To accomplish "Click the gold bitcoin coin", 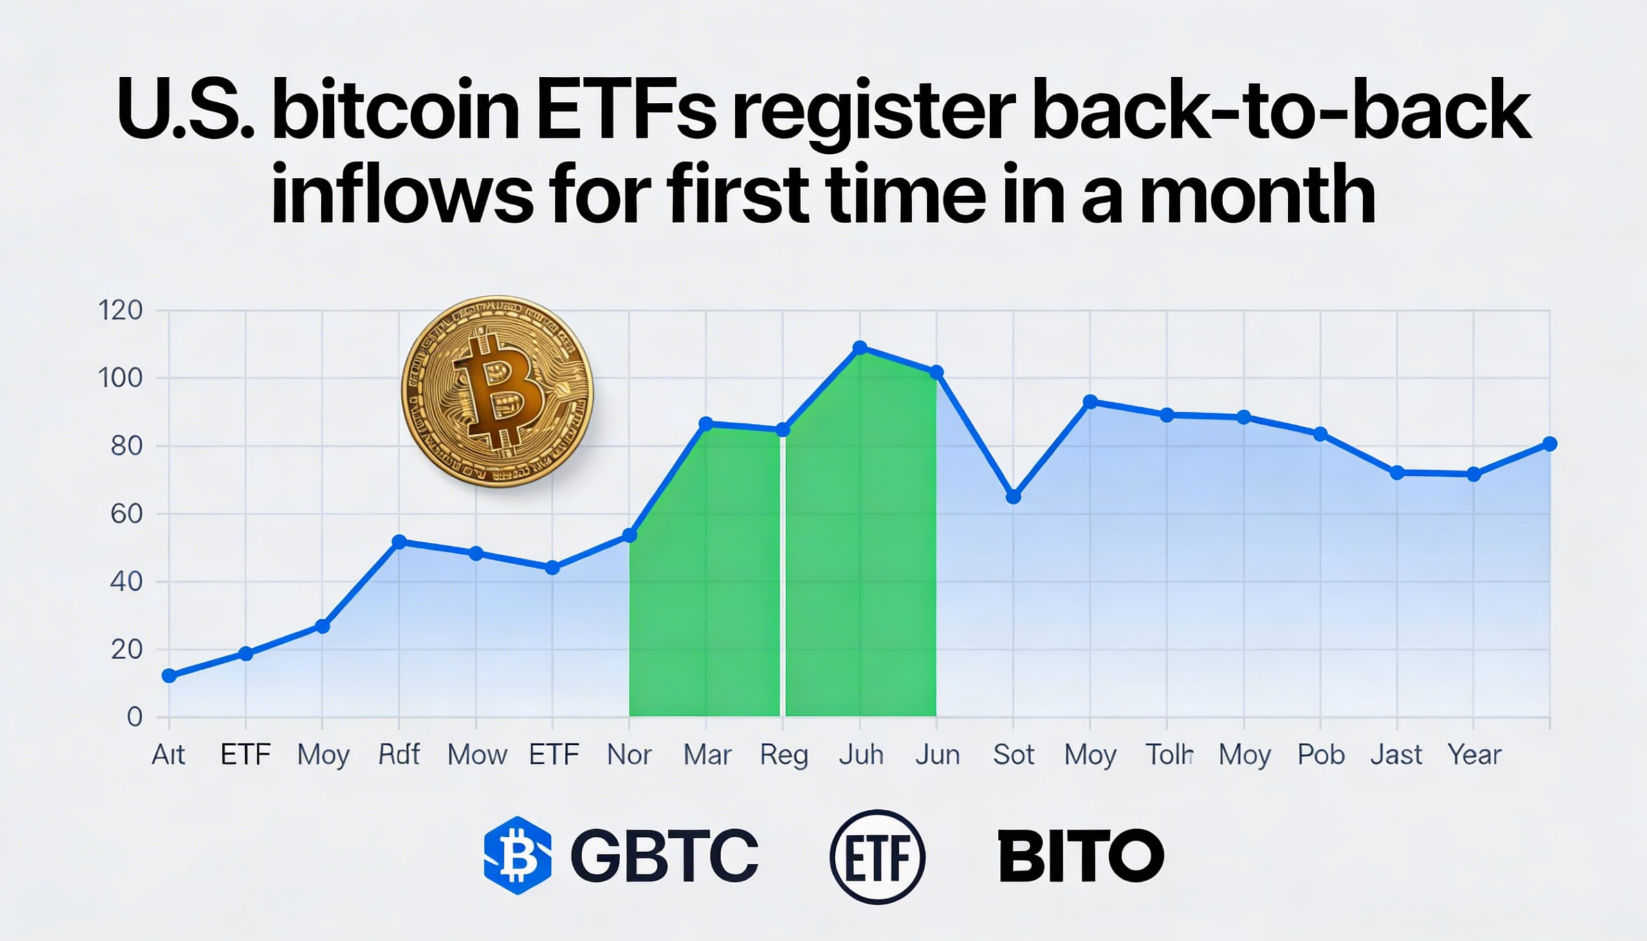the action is (497, 392).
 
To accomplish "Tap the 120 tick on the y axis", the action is (120, 310).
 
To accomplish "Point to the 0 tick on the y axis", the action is (134, 717).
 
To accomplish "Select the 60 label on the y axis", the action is (127, 514).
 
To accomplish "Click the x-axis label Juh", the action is (861, 754).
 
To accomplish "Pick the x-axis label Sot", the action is (1013, 754).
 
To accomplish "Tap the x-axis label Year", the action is (1474, 754).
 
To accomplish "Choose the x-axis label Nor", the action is (630, 754).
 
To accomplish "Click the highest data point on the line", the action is (860, 348).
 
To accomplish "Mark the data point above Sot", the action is (1013, 497).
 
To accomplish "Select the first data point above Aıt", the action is (169, 676).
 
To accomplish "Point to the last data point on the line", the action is (1549, 444).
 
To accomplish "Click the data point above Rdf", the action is (400, 542).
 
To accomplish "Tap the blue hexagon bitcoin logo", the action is (517, 855).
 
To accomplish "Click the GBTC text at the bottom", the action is (665, 855).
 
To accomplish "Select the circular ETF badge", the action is (877, 856).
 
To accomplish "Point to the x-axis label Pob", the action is (1321, 754).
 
